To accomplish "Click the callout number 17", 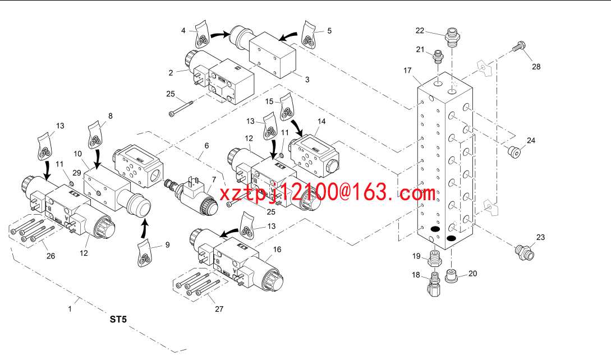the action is click(x=407, y=71).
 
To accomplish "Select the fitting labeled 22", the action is click(x=452, y=38).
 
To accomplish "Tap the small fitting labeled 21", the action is click(x=439, y=56).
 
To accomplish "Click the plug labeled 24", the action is click(x=514, y=151).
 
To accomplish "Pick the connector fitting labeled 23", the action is click(x=525, y=252).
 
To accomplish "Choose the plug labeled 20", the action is click(x=451, y=276).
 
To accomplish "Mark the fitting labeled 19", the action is click(x=434, y=258).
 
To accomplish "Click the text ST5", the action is click(x=118, y=320).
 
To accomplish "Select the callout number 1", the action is click(x=70, y=309).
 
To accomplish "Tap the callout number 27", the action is click(x=219, y=309).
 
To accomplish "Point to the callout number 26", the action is click(x=50, y=256).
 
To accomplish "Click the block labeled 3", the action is click(x=272, y=56).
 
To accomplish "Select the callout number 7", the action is click(x=214, y=179).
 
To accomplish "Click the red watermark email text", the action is click(x=327, y=193).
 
